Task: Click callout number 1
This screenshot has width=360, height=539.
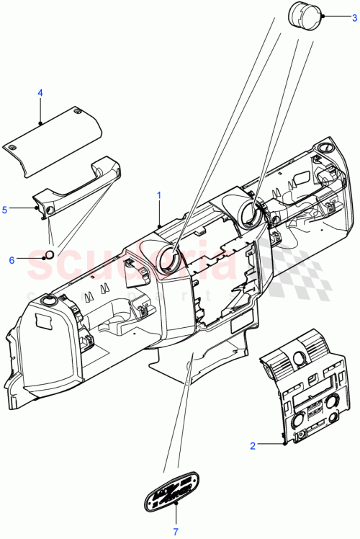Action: coord(159,195)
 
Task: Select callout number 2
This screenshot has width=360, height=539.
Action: coord(253,446)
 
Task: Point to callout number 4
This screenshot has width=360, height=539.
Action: coord(40,93)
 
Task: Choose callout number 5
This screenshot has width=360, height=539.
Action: coord(4,210)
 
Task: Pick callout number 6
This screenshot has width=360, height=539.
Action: coord(12,259)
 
